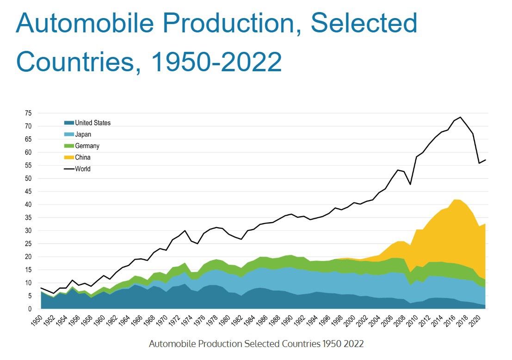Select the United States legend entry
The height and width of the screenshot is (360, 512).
click(x=93, y=123)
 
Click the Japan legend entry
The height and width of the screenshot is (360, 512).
click(x=83, y=134)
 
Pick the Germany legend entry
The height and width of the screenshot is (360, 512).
click(x=87, y=146)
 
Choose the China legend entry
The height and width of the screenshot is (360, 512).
click(x=82, y=157)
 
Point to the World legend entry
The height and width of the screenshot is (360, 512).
click(x=82, y=169)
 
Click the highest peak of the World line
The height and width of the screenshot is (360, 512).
click(x=461, y=117)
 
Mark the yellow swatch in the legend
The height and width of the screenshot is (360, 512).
click(x=69, y=157)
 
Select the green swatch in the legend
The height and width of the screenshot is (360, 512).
click(x=69, y=146)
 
